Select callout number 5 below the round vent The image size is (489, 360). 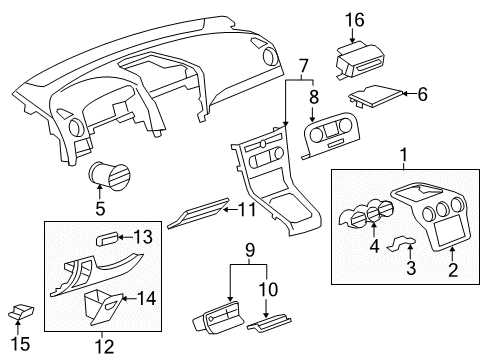[99, 209]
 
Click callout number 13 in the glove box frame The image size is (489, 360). [145, 236]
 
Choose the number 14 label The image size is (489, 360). [146, 297]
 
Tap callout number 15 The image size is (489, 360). [15, 344]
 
